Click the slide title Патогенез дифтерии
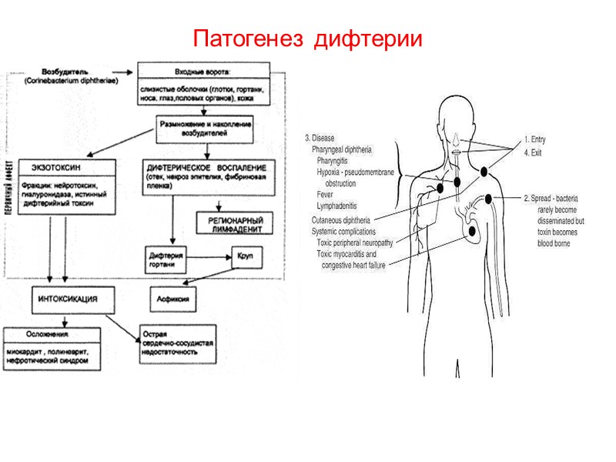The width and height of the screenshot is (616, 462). point(308,38)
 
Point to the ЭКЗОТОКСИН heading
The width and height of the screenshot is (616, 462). point(53,167)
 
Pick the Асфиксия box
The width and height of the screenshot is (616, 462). point(172,296)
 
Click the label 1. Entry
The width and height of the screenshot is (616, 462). point(535,139)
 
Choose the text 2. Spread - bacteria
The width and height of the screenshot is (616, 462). point(551,199)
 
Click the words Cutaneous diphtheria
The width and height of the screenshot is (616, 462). point(340,219)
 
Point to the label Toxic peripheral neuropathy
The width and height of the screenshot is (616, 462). point(355,243)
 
